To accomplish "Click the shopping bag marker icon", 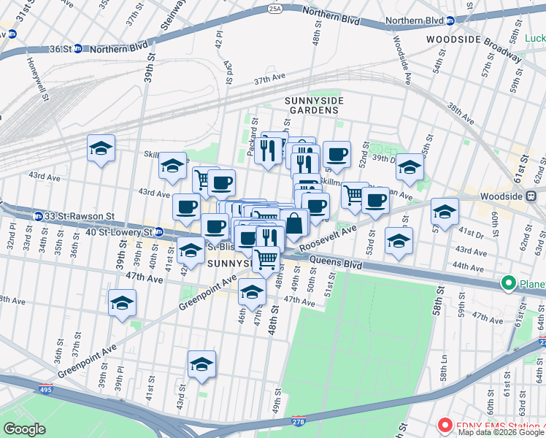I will (x=293, y=223).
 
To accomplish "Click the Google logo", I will (x=25, y=429).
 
